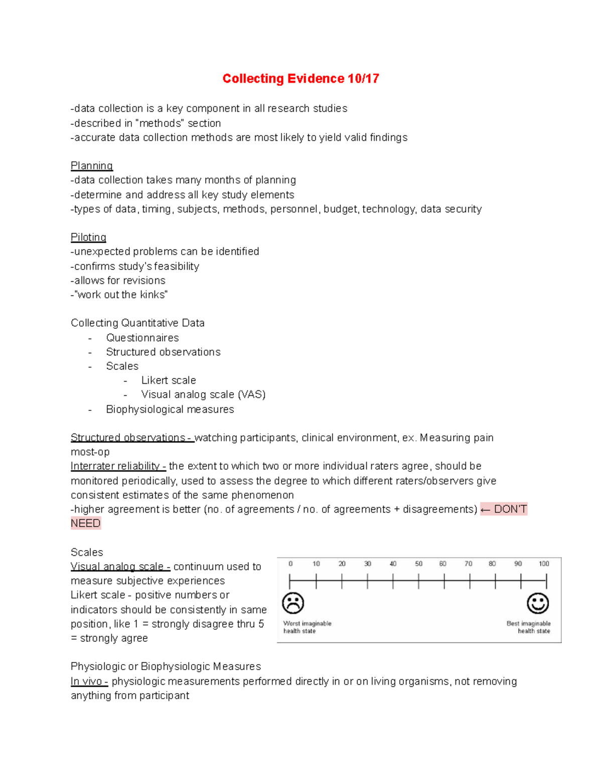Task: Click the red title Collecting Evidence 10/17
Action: [x=300, y=79]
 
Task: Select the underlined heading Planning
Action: [x=92, y=166]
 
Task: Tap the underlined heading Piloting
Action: [x=88, y=237]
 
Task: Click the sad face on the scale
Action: [x=293, y=603]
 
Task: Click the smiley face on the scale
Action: [x=538, y=603]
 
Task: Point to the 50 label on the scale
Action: [x=418, y=564]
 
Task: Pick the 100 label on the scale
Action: [x=544, y=564]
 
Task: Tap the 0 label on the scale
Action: [x=290, y=564]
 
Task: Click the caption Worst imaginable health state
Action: [x=307, y=627]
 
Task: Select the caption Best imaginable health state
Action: [x=529, y=627]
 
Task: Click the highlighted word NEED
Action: [x=86, y=524]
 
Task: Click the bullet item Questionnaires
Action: [x=142, y=338]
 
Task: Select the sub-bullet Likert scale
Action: [x=169, y=380]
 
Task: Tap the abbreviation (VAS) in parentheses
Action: [x=252, y=395]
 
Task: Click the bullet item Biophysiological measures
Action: [x=170, y=409]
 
